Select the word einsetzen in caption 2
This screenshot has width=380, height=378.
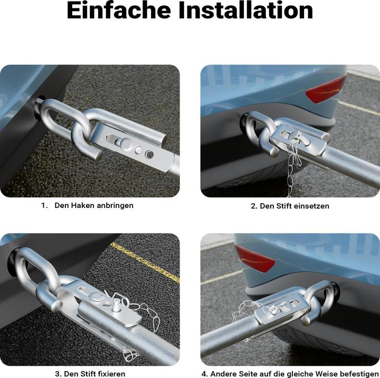click(309, 206)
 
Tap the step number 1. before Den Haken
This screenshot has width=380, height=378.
click(44, 205)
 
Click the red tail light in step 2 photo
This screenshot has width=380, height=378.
click(326, 89)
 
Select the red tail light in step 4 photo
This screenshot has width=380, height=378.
click(254, 258)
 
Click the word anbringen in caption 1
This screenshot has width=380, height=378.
click(115, 205)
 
